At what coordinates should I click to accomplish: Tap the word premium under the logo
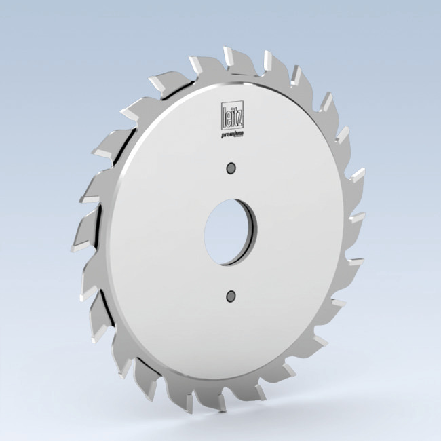tap(233, 136)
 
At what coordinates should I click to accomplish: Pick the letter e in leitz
tap(229, 115)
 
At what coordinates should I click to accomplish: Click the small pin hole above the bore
tap(231, 167)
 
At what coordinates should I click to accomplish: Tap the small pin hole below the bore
tap(231, 295)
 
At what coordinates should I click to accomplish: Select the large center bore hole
tap(229, 231)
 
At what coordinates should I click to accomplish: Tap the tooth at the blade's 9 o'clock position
tap(92, 231)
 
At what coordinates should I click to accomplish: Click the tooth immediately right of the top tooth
tap(271, 64)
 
